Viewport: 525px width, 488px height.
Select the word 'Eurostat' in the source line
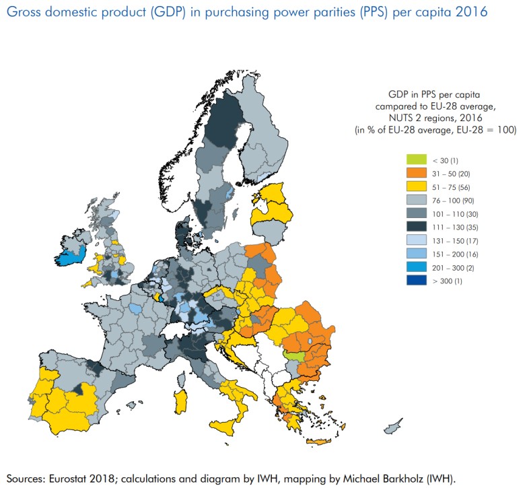pos(77,479)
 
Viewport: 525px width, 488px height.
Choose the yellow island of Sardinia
pos(180,398)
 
